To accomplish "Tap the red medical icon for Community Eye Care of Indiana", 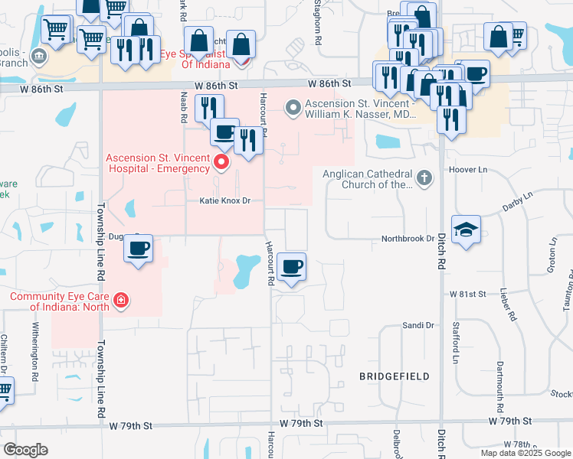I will pos(121,300).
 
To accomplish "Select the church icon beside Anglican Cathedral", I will pos(424,178).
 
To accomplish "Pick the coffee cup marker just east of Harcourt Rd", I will pos(291,267).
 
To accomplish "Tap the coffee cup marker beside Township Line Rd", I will pos(139,249).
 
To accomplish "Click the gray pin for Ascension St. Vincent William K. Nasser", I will pos(292,108).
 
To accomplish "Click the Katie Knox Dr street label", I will pos(225,201).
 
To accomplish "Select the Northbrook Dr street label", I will pos(408,239).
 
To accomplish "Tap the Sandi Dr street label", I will pos(418,326).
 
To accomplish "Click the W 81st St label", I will pos(468,294).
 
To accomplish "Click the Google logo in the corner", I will pos(25,450).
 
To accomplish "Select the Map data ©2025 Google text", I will pos(525,453).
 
